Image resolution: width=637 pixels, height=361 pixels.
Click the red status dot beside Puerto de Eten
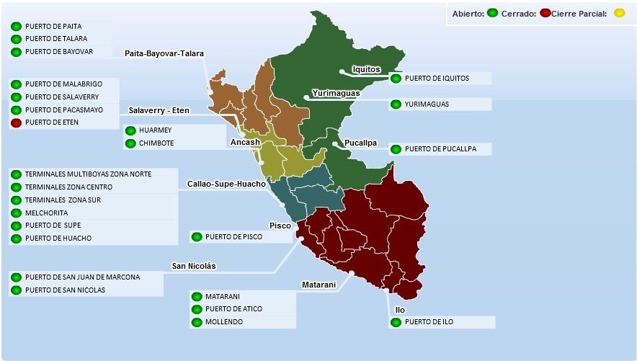click(x=16, y=123)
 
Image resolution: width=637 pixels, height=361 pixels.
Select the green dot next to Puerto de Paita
click(x=16, y=27)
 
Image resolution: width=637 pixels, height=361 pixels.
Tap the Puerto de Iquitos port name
click(x=437, y=79)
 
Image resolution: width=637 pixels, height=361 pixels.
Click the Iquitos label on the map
click(x=366, y=69)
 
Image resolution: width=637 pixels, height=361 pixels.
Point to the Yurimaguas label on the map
click(x=336, y=94)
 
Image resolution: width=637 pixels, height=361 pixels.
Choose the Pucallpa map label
click(x=360, y=143)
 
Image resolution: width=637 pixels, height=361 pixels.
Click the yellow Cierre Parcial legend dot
click(x=619, y=13)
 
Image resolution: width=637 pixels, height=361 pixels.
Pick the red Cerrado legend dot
click(x=545, y=13)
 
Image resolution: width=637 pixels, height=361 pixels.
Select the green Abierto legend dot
click(x=492, y=13)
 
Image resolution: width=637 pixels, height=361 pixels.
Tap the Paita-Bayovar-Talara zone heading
click(x=164, y=54)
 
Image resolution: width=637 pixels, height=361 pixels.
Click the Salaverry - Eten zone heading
click(x=159, y=110)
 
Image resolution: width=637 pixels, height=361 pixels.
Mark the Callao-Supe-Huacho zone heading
click(x=226, y=184)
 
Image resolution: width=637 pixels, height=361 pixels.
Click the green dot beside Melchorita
click(x=16, y=213)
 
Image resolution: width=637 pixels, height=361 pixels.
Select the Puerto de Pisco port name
click(x=233, y=236)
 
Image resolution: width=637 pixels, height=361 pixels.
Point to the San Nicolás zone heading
click(x=194, y=266)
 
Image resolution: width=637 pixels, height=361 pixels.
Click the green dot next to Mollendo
click(x=196, y=322)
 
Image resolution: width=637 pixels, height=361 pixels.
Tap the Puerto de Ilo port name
click(x=429, y=322)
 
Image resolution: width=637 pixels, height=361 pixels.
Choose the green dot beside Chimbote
click(x=130, y=143)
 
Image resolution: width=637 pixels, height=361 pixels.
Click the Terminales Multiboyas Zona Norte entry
click(x=88, y=174)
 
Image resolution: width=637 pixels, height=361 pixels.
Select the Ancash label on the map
click(x=245, y=143)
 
